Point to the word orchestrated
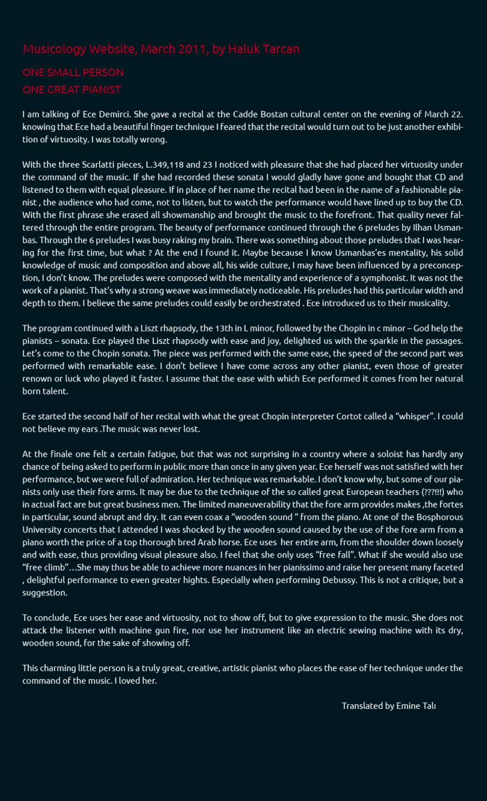tap(275, 303)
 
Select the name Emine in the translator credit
tap(408, 706)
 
